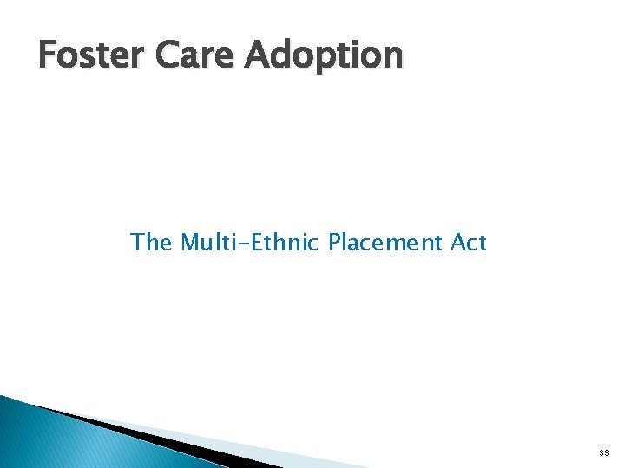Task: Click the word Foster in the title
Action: (83, 55)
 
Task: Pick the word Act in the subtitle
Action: (469, 243)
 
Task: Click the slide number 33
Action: (603, 453)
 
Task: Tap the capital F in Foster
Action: (48, 55)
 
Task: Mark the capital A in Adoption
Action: (258, 55)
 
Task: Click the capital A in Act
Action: (458, 243)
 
